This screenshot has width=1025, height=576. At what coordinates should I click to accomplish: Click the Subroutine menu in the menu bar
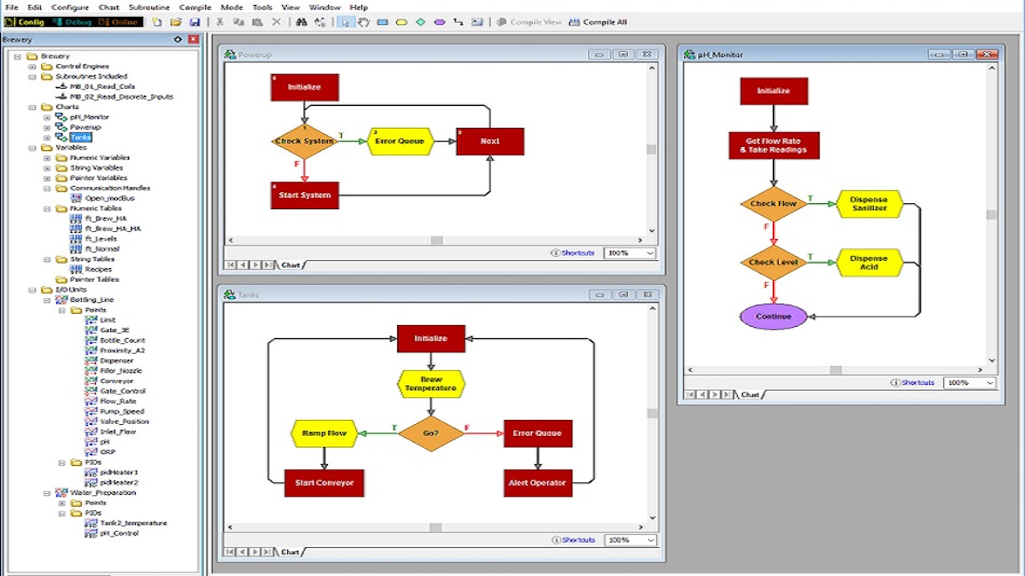[149, 7]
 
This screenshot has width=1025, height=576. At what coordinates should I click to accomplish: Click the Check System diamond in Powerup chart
[305, 141]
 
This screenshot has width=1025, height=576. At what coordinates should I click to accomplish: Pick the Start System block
[305, 195]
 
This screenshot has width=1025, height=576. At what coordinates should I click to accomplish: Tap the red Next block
[489, 141]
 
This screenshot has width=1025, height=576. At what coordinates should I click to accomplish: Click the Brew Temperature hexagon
[430, 384]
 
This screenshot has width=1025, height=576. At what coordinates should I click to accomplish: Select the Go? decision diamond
[430, 433]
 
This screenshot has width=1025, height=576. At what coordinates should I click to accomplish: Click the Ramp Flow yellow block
[324, 433]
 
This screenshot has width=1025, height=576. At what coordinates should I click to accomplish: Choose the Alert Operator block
[537, 483]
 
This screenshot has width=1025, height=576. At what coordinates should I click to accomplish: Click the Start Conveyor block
[324, 483]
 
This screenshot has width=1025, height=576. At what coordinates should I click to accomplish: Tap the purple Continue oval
[773, 317]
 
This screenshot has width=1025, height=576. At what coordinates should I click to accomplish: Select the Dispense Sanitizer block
[869, 204]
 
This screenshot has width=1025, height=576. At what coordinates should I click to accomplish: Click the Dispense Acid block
[869, 263]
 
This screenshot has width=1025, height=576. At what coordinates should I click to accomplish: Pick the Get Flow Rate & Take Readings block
[773, 145]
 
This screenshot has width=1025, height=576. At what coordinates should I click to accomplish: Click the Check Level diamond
[773, 263]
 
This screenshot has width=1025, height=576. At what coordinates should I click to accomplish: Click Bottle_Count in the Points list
[122, 340]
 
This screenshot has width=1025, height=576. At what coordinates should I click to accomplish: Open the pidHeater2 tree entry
[118, 482]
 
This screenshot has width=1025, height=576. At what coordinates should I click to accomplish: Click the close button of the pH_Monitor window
[988, 55]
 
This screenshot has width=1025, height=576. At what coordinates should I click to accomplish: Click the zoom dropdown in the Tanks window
[630, 540]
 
